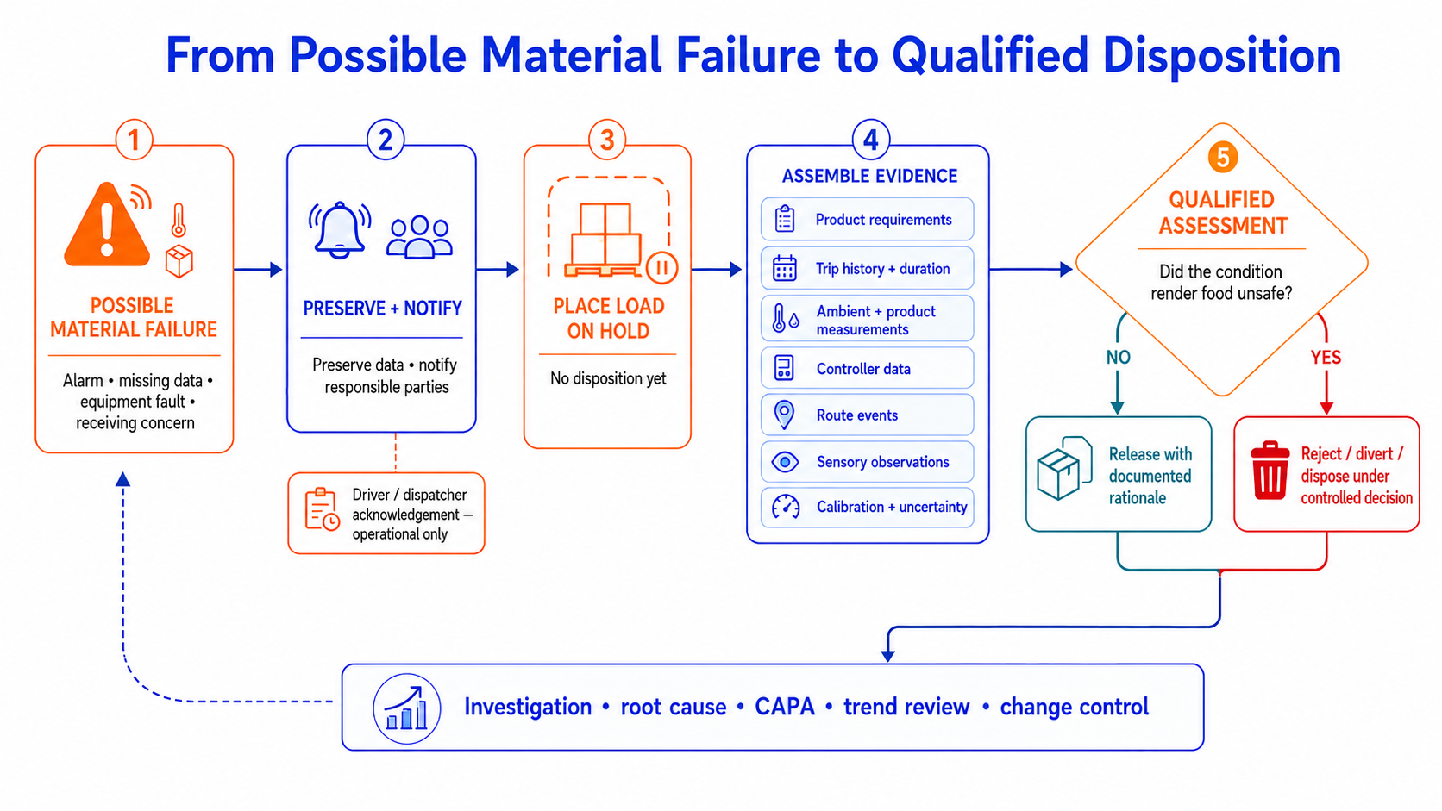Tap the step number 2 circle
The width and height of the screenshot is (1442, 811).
(385, 140)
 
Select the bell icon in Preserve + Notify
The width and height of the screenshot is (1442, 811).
(340, 229)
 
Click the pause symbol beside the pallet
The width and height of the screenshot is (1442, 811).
(661, 267)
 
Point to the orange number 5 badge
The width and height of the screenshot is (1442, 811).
(1222, 157)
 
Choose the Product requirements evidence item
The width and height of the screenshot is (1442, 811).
(867, 219)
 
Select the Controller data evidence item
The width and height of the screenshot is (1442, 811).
(867, 369)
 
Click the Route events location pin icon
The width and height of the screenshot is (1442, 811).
(784, 415)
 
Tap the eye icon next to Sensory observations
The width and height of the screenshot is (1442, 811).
(785, 462)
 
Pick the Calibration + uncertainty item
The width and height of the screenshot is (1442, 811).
(867, 508)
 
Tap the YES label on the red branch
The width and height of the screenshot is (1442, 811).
(1326, 358)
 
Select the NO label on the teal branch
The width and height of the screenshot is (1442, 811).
(1119, 358)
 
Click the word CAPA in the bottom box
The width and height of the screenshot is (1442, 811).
(784, 706)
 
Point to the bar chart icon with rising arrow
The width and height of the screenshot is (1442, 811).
(407, 708)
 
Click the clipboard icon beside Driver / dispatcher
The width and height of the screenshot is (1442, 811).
(322, 509)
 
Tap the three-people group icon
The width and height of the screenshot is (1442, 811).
(420, 237)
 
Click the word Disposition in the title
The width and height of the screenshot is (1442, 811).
(1222, 55)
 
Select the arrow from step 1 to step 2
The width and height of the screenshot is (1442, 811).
(258, 270)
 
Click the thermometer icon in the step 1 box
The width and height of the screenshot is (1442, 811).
(179, 220)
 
